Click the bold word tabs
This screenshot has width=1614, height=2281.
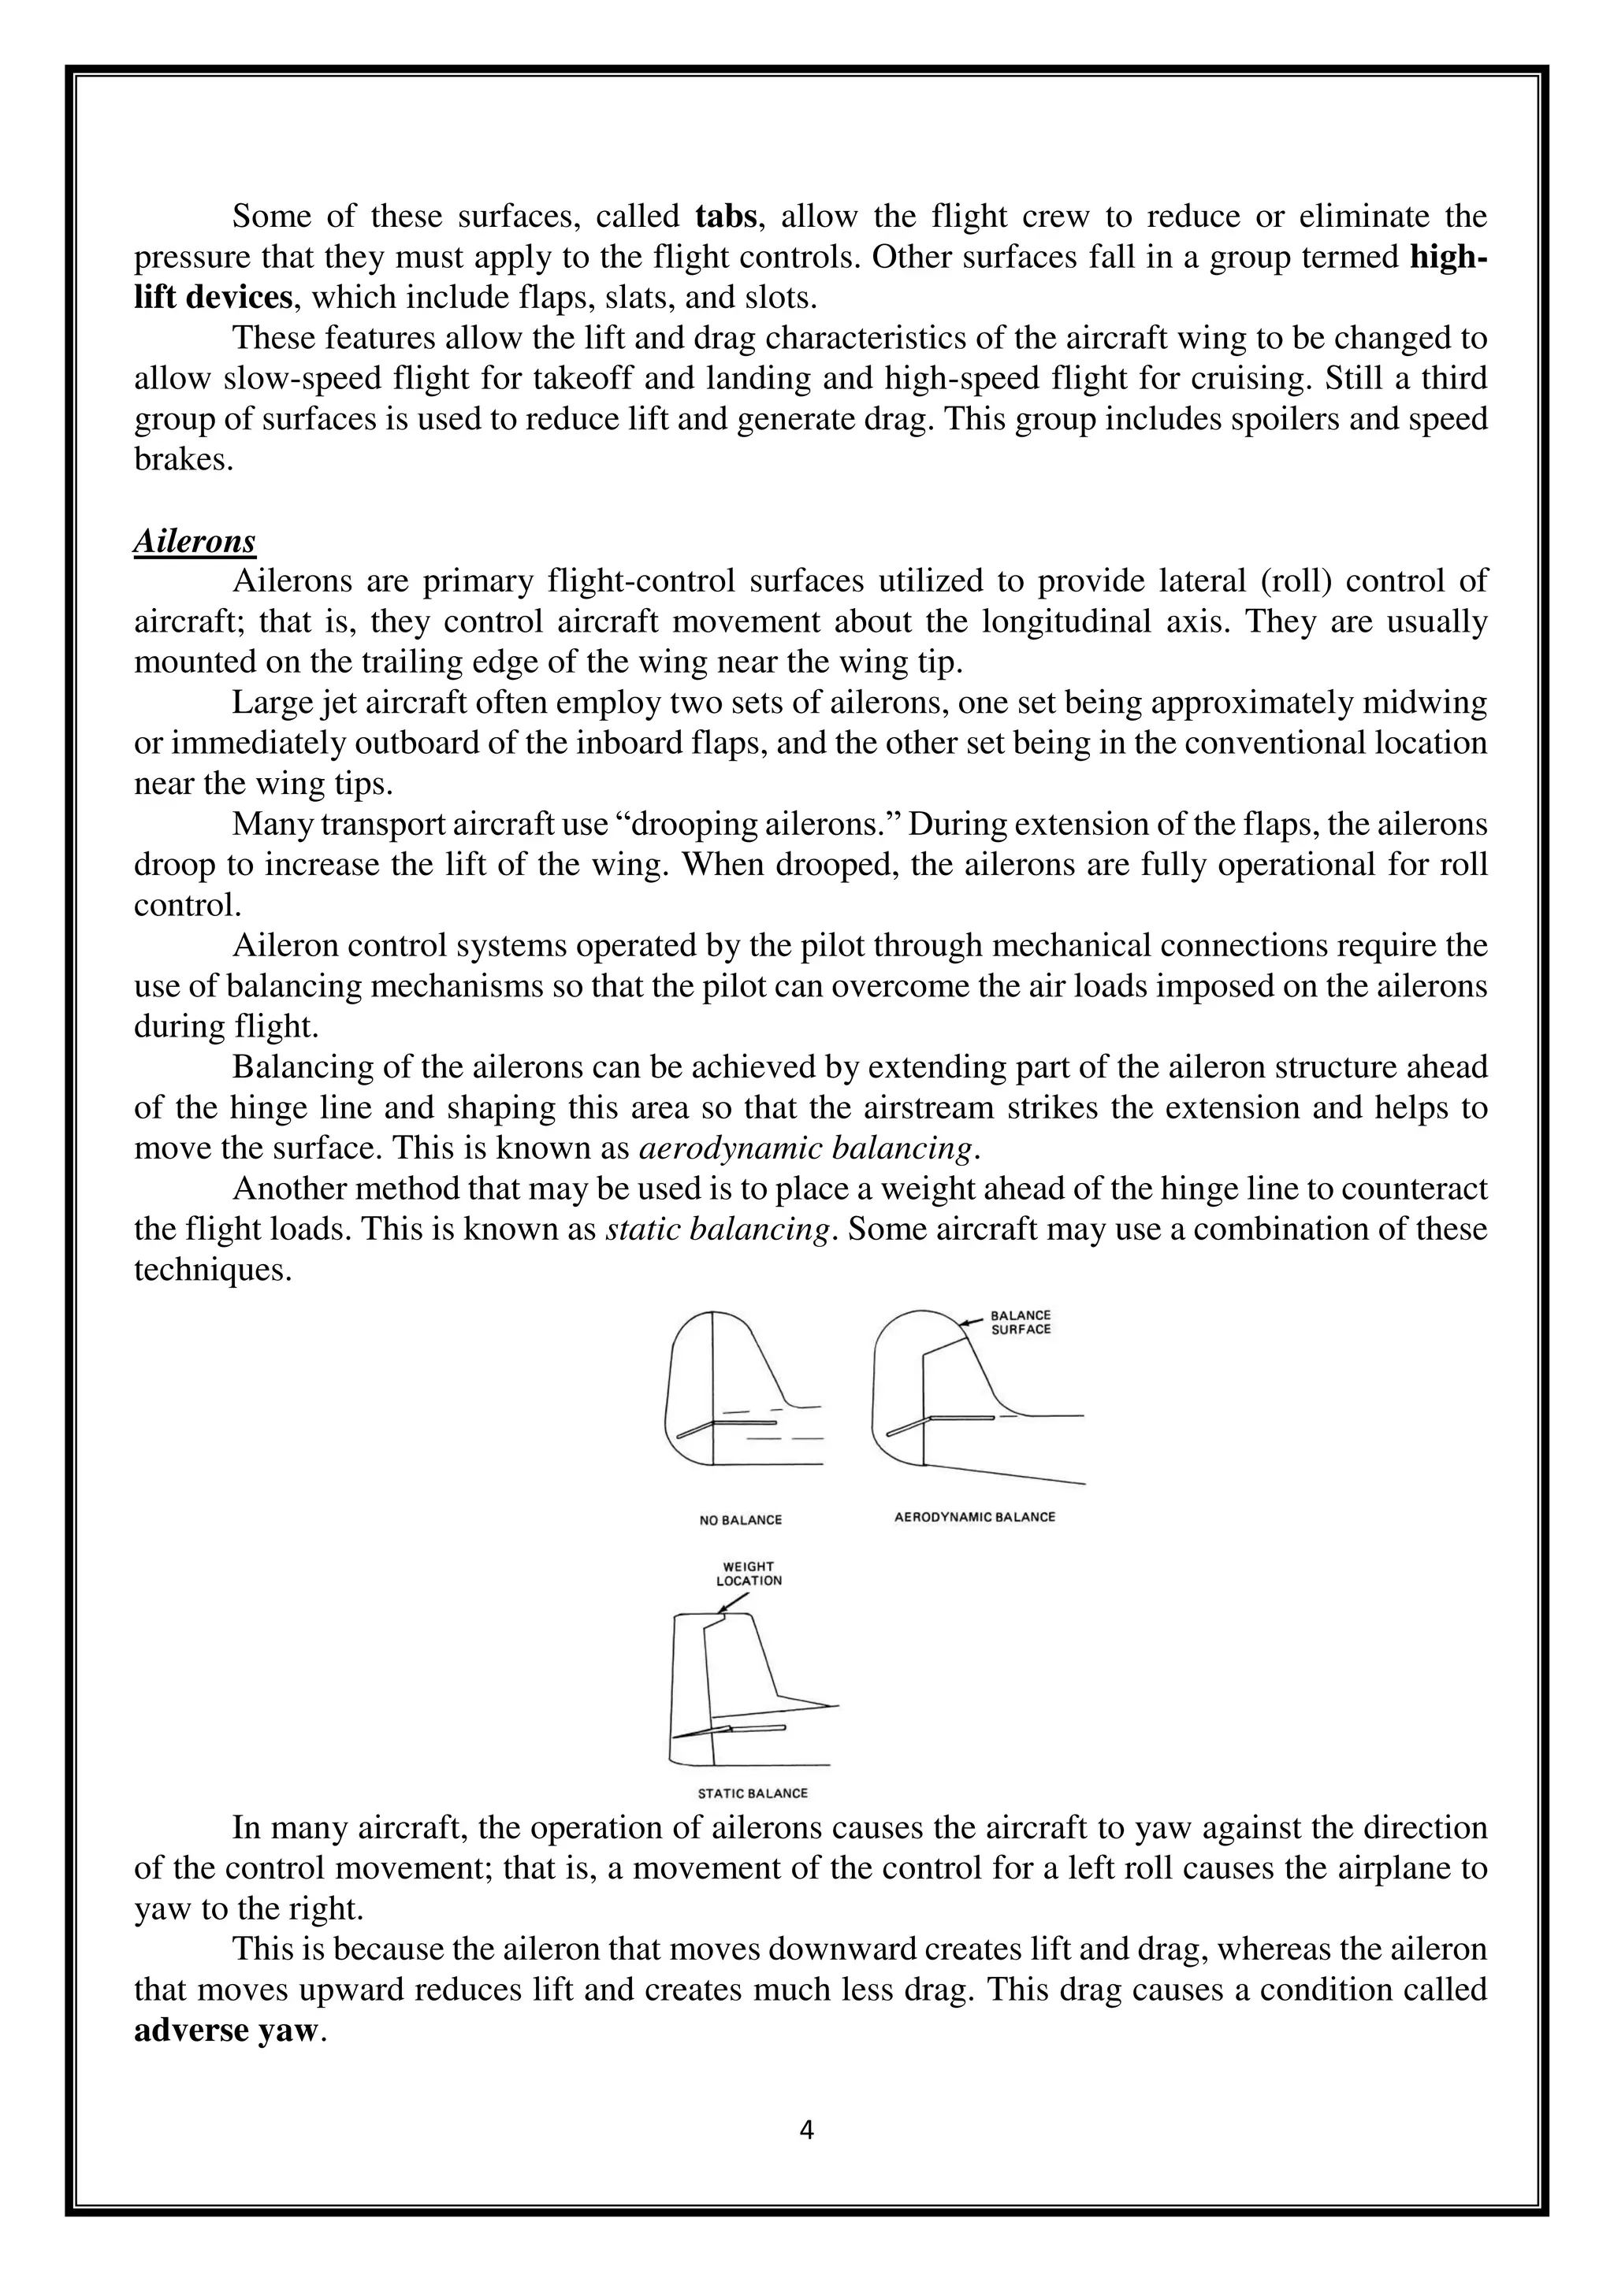(x=727, y=216)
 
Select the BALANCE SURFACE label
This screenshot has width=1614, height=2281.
(x=1021, y=1322)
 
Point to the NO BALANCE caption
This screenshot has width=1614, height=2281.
(x=741, y=1520)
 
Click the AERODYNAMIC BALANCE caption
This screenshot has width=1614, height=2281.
(x=975, y=1517)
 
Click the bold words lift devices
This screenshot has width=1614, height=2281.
(x=214, y=297)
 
